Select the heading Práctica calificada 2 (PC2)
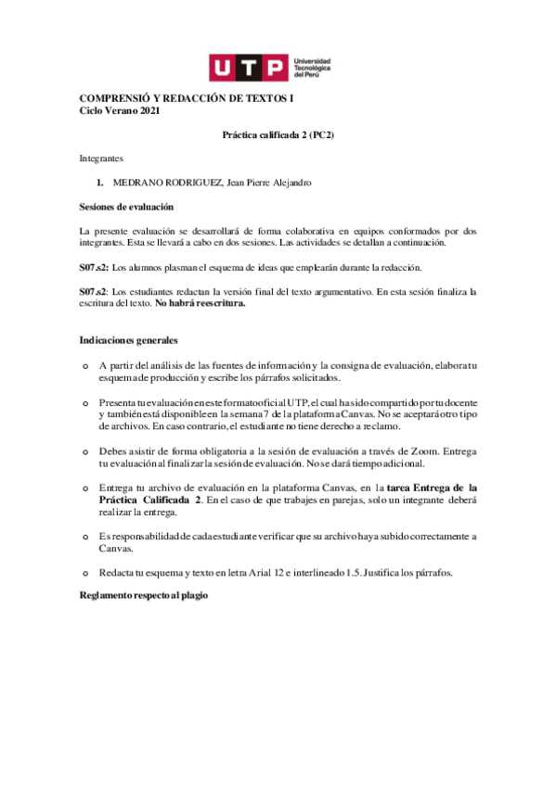click(278, 134)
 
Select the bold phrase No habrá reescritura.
click(200, 303)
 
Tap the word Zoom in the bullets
click(429, 451)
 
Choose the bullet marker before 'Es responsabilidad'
click(85, 537)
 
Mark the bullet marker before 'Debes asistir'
click(85, 451)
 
